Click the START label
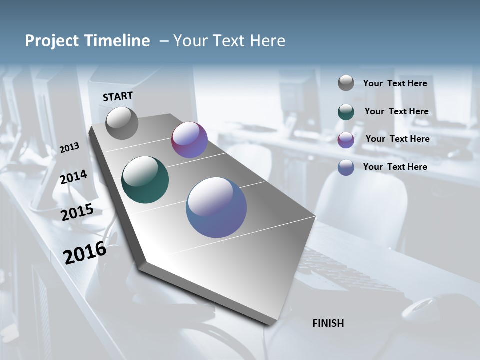[x=118, y=96]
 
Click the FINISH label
[x=328, y=323]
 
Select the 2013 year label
[x=69, y=148]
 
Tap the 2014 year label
[x=73, y=177]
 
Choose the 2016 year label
[x=85, y=253]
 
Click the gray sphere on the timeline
[x=122, y=123]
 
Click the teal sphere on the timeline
[x=145, y=180]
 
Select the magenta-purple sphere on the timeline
[x=189, y=140]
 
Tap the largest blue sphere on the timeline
[x=216, y=207]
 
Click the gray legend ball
[x=346, y=83]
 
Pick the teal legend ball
[x=346, y=112]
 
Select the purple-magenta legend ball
[x=346, y=139]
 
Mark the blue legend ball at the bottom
[x=346, y=167]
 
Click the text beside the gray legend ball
[x=395, y=83]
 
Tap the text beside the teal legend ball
[x=396, y=111]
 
